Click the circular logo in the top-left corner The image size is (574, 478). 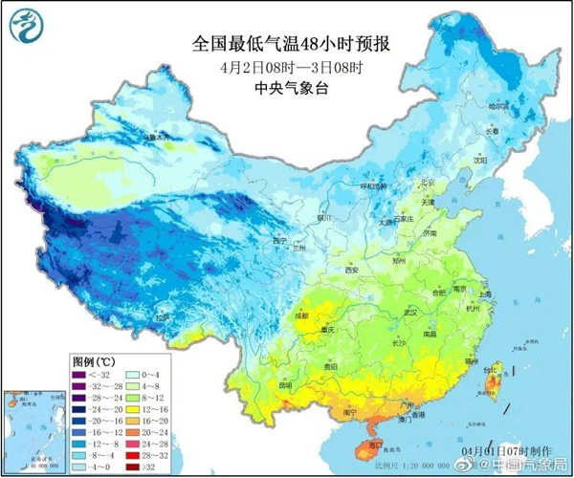[x=26, y=25]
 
